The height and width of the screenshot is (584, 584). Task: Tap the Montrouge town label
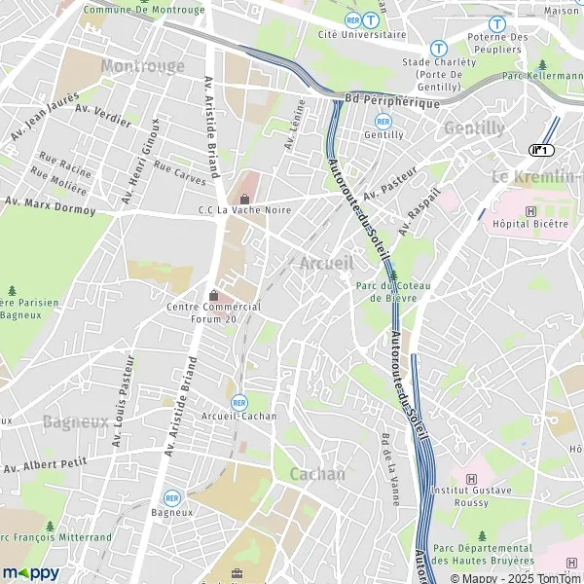(142, 65)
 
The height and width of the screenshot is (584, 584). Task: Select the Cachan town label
(317, 474)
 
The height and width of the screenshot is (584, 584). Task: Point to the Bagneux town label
(74, 421)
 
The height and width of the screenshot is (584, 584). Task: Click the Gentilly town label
(474, 128)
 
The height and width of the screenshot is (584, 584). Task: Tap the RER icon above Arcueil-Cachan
(239, 401)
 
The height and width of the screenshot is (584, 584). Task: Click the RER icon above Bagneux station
(172, 497)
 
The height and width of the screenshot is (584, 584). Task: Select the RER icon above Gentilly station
(383, 121)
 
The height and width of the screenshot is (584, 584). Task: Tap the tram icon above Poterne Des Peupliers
(497, 23)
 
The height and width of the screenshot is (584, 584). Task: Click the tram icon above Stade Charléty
(438, 46)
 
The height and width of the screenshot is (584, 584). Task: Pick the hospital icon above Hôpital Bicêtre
(530, 210)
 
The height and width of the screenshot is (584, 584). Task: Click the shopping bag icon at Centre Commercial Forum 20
(214, 294)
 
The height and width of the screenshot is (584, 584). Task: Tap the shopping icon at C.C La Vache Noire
(245, 200)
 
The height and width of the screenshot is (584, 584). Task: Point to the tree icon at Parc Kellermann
(542, 64)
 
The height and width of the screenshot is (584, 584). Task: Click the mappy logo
(31, 572)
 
